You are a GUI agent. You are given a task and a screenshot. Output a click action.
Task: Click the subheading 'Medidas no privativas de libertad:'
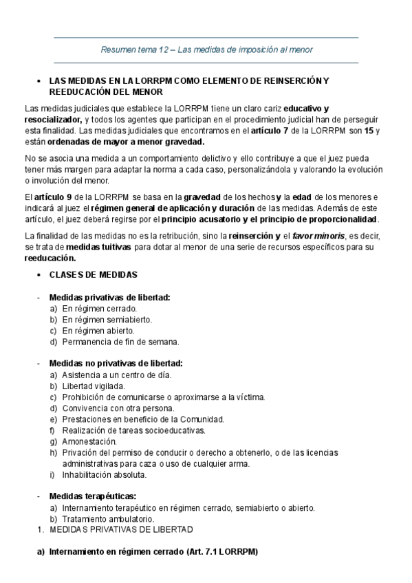click(116, 363)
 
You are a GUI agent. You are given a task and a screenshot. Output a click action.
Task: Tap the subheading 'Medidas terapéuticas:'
click(92, 496)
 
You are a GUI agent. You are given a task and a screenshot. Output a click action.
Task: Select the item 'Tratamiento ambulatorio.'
click(108, 519)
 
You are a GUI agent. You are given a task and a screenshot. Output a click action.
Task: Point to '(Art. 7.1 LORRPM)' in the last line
click(221, 552)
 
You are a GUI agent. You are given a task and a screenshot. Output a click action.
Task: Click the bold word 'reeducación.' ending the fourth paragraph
click(50, 258)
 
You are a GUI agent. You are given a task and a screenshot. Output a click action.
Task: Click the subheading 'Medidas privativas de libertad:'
click(109, 297)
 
